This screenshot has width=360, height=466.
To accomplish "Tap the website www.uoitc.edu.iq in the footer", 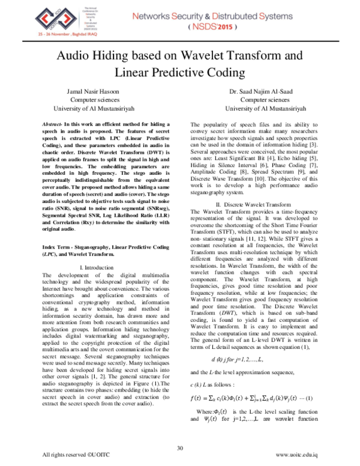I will coord(300,455).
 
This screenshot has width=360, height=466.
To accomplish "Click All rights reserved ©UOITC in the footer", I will coord(70,455).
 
